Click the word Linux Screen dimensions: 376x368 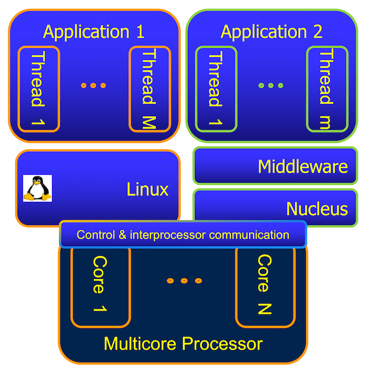pyautogui.click(x=147, y=189)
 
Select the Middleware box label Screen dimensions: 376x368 pyautogui.click(x=303, y=166)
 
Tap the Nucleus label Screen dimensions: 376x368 pyautogui.click(x=317, y=208)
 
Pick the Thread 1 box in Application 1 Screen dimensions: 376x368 pyautogui.click(x=38, y=89)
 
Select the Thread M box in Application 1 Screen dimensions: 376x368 pyautogui.click(x=149, y=89)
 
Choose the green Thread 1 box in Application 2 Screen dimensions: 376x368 pyautogui.click(x=216, y=89)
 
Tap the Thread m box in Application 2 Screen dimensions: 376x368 pyautogui.click(x=326, y=89)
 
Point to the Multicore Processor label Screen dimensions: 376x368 pyautogui.click(x=183, y=344)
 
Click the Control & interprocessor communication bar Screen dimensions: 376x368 pyautogui.click(x=183, y=235)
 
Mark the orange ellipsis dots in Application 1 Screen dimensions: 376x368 pyautogui.click(x=94, y=85)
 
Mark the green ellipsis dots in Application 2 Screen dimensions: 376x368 pyautogui.click(x=271, y=85)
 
